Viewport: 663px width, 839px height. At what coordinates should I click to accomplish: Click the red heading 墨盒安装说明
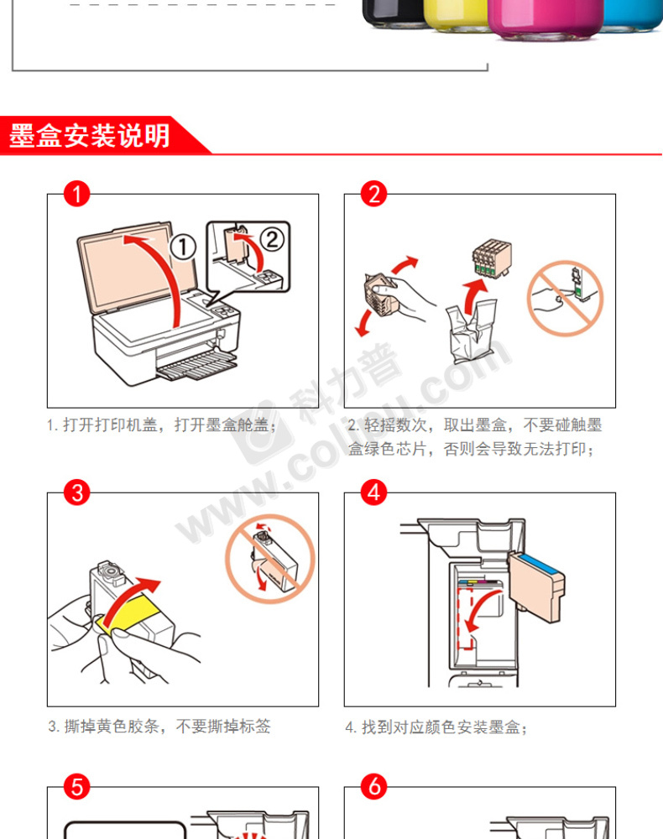tap(89, 136)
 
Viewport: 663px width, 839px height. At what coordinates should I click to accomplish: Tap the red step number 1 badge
tap(76, 194)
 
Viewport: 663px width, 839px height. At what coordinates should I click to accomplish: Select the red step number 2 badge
tap(373, 194)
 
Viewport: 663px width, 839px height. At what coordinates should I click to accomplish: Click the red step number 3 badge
tap(76, 492)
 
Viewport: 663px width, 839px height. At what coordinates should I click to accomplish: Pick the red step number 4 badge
tap(373, 492)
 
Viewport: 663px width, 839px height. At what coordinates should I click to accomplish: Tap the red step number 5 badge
tap(76, 787)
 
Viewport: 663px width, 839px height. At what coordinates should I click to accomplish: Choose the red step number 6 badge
tap(373, 787)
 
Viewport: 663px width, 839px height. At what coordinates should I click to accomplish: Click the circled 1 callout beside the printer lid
tap(183, 248)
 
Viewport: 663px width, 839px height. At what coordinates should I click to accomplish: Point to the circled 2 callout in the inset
tap(273, 239)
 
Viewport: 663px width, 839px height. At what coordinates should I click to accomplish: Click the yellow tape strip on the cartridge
tap(129, 612)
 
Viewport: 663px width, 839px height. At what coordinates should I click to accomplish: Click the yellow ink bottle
tap(456, 14)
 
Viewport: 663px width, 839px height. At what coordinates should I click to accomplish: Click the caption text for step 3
tap(159, 726)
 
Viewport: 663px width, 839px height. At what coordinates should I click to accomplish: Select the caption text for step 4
tap(436, 727)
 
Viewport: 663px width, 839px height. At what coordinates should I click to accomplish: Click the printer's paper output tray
tap(197, 365)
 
